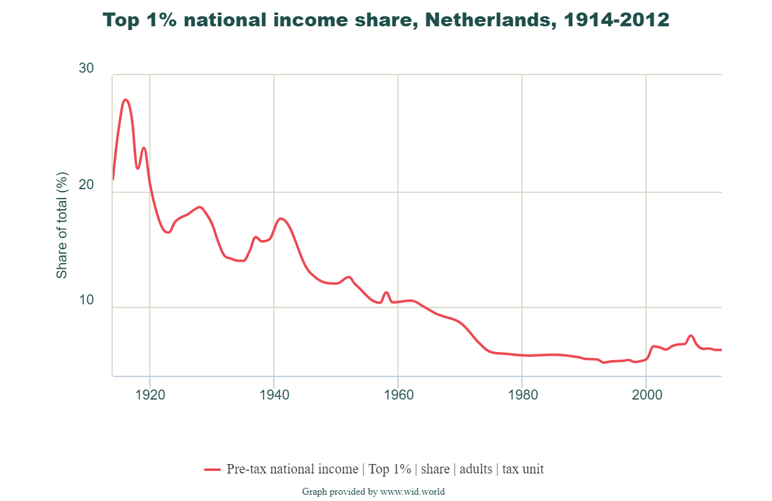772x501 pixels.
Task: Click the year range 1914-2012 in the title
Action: point(617,20)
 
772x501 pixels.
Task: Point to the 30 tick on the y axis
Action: point(86,68)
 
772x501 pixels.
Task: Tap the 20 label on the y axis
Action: point(86,185)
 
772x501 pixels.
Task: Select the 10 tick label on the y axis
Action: point(86,301)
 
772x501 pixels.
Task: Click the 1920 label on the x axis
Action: point(150,395)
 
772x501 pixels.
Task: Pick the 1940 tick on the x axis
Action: point(274,395)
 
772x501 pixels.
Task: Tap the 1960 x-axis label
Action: point(398,395)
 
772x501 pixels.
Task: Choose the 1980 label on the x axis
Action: point(522,395)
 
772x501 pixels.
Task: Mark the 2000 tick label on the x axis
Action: point(647,395)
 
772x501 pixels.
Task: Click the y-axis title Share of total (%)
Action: point(61,225)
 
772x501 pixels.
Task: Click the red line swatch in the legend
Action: point(212,469)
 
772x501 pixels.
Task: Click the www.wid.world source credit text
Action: point(412,492)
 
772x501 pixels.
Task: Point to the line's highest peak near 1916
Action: point(125,100)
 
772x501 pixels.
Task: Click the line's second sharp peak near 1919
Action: point(143,148)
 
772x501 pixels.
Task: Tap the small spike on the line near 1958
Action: point(386,292)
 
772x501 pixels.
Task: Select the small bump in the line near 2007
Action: point(691,336)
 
